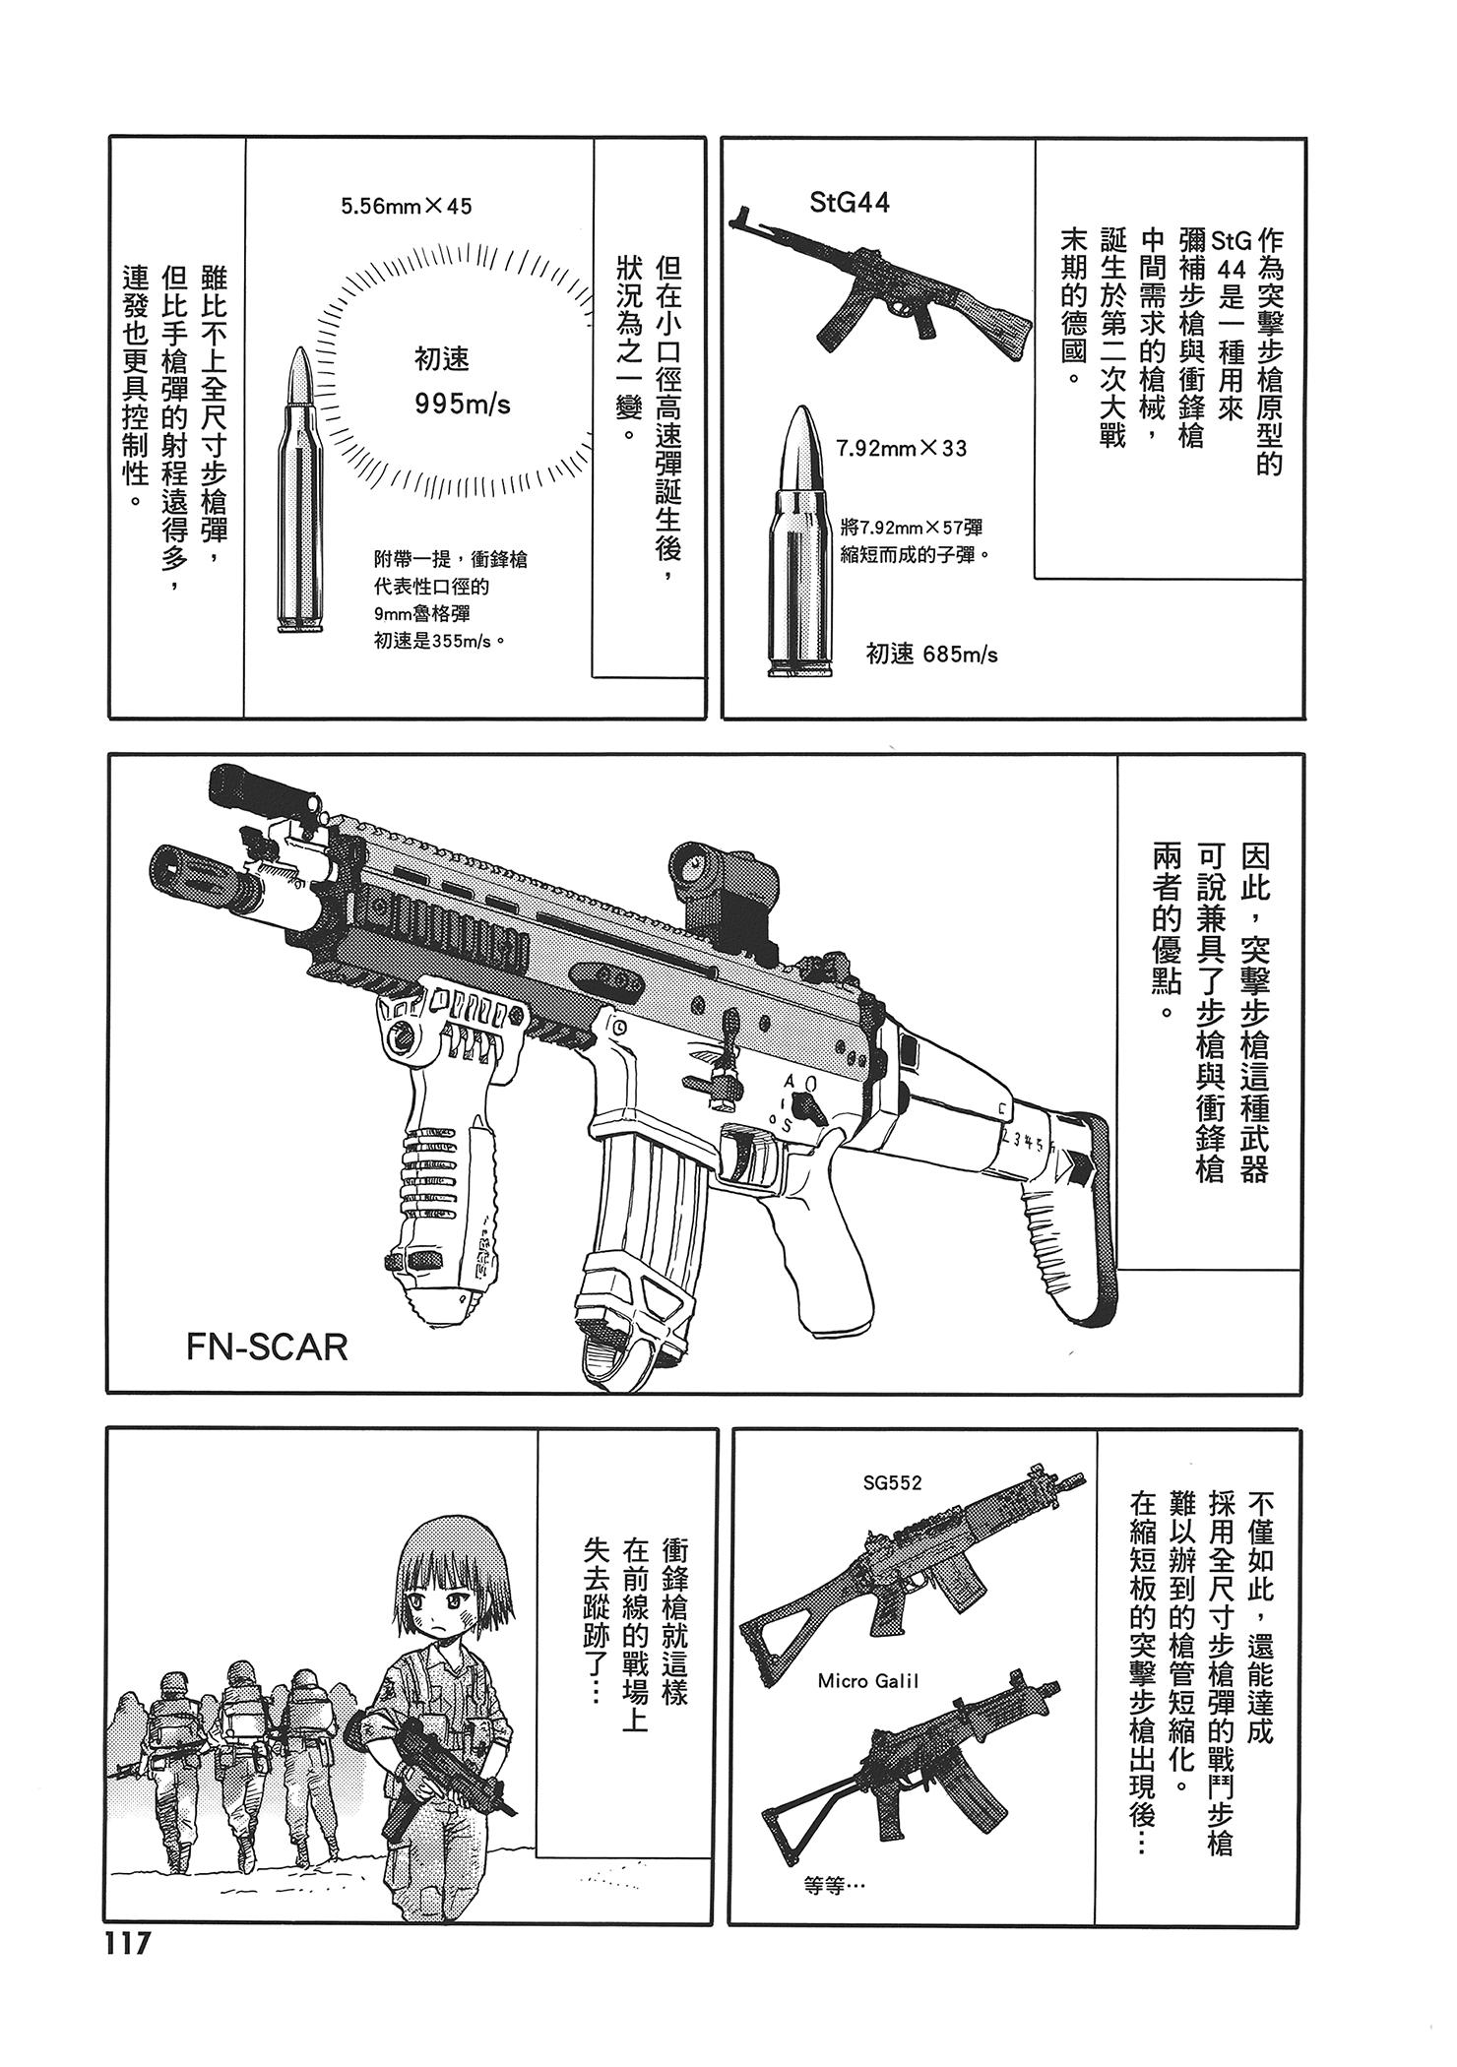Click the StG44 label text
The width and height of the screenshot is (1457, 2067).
point(850,203)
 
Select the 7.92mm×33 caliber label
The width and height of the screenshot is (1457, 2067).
point(901,449)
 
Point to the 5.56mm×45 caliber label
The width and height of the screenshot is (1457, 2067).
point(406,207)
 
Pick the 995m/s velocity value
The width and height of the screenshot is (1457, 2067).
point(463,405)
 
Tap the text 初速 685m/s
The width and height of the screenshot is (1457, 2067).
point(931,654)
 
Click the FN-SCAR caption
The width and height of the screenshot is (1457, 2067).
point(267,1347)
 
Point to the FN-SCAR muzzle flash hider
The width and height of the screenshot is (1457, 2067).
point(197,875)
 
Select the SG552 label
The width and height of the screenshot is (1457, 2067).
point(892,1482)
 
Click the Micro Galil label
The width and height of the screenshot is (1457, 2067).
point(868,1681)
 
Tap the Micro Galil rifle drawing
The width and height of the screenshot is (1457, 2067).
point(916,1772)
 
